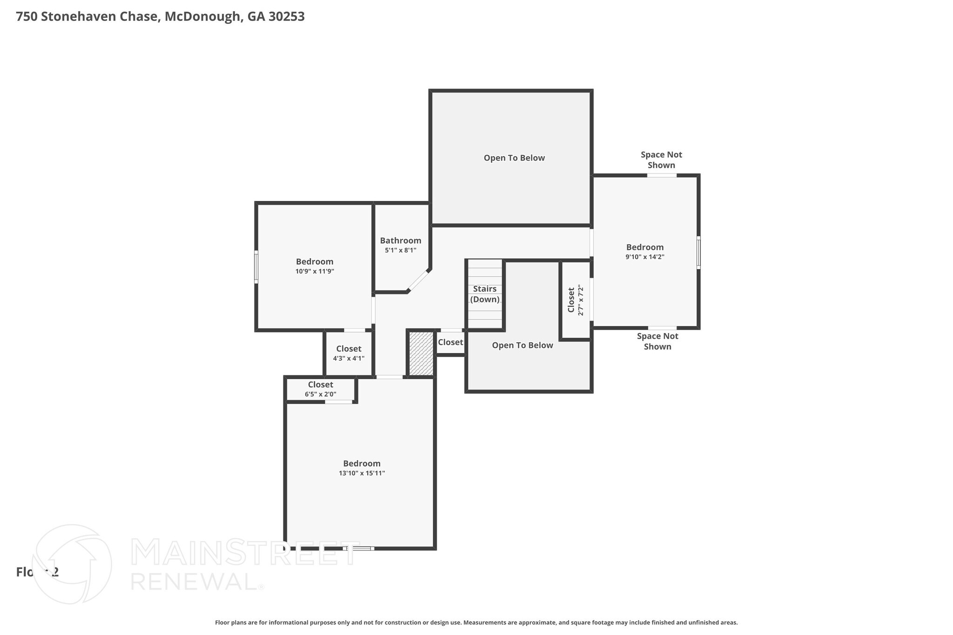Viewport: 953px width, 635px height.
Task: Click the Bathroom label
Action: [400, 241]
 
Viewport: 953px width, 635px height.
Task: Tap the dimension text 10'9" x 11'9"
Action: [315, 271]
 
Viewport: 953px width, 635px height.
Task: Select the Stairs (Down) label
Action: [484, 294]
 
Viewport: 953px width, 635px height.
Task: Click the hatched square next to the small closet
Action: [421, 353]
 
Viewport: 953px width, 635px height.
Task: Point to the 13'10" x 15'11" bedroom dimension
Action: [362, 473]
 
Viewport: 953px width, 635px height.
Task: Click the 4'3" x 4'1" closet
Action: [349, 353]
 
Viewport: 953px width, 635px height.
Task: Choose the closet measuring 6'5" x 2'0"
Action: [320, 389]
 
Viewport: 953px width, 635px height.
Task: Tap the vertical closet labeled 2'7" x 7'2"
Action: [575, 300]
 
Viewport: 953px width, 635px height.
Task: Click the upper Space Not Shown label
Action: [661, 160]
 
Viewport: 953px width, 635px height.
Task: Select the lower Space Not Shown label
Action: [657, 341]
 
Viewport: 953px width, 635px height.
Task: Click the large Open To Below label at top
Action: [514, 158]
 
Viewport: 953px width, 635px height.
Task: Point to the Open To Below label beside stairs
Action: [522, 345]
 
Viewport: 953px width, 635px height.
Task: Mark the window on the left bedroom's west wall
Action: [256, 267]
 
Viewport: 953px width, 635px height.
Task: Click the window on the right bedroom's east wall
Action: [698, 253]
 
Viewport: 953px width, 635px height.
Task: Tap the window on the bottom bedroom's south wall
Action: [358, 548]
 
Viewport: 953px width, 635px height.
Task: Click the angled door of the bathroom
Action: [418, 281]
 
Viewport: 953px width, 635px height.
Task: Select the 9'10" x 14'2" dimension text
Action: [644, 257]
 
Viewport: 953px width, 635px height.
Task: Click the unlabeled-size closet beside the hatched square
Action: [450, 342]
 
